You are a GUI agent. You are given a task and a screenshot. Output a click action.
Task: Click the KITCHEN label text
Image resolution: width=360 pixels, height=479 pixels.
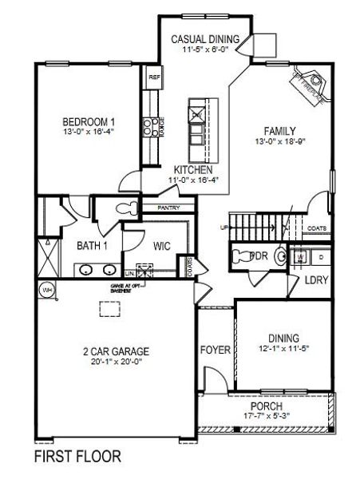click(x=193, y=171)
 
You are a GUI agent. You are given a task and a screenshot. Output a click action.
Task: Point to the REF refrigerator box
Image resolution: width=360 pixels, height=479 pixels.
click(x=154, y=78)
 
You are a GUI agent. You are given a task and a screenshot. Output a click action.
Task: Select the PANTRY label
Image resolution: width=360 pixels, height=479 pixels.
click(x=168, y=208)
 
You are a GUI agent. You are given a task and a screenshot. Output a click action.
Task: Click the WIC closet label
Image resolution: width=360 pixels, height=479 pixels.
click(x=163, y=246)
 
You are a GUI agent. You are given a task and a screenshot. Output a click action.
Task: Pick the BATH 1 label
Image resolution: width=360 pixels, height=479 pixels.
click(x=93, y=245)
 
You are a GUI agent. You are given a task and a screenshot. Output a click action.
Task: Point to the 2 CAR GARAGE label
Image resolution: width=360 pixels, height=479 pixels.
click(x=116, y=350)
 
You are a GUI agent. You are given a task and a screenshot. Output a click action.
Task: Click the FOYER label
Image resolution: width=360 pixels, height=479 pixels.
click(x=215, y=350)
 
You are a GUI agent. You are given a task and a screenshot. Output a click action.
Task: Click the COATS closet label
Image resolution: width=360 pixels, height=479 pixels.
click(x=317, y=227)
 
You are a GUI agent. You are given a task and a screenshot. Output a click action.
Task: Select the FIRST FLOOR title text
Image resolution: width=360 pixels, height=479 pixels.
click(x=77, y=457)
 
